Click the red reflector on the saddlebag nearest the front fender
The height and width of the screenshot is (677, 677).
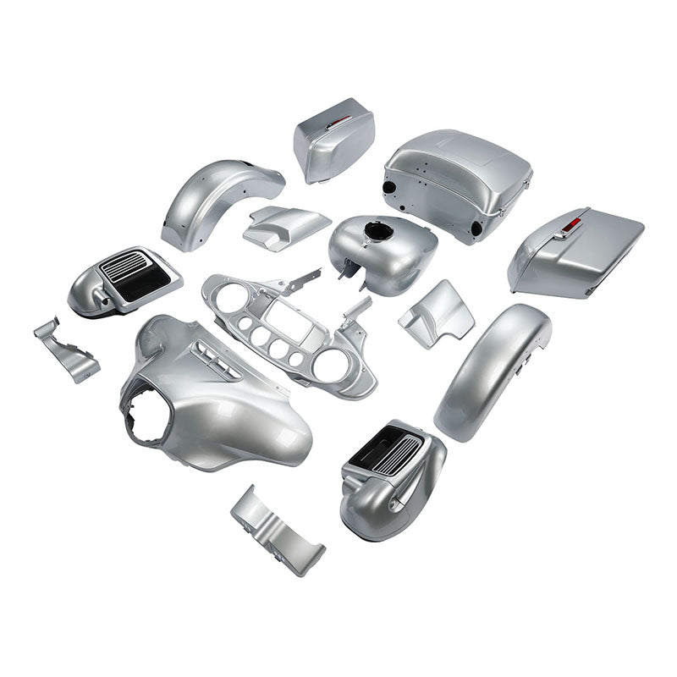tap(572, 224)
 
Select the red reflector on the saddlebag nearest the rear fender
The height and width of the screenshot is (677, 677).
tap(338, 122)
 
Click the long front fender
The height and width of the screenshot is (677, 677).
tap(491, 364)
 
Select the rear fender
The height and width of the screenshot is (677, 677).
tap(216, 199)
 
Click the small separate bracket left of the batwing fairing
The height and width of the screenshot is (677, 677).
tap(66, 349)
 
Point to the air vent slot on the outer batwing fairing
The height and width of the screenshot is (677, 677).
tap(217, 359)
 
